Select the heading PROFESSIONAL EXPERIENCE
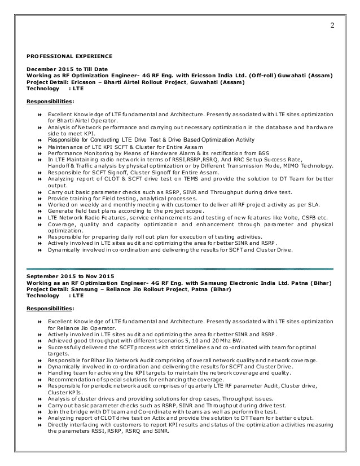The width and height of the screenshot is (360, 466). pos(70,56)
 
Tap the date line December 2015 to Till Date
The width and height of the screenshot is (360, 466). pos(64,69)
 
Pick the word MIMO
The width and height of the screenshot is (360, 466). pos(287,166)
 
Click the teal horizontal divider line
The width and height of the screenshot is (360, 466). pos(179,269)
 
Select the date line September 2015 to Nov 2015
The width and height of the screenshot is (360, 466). pos(67,276)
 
